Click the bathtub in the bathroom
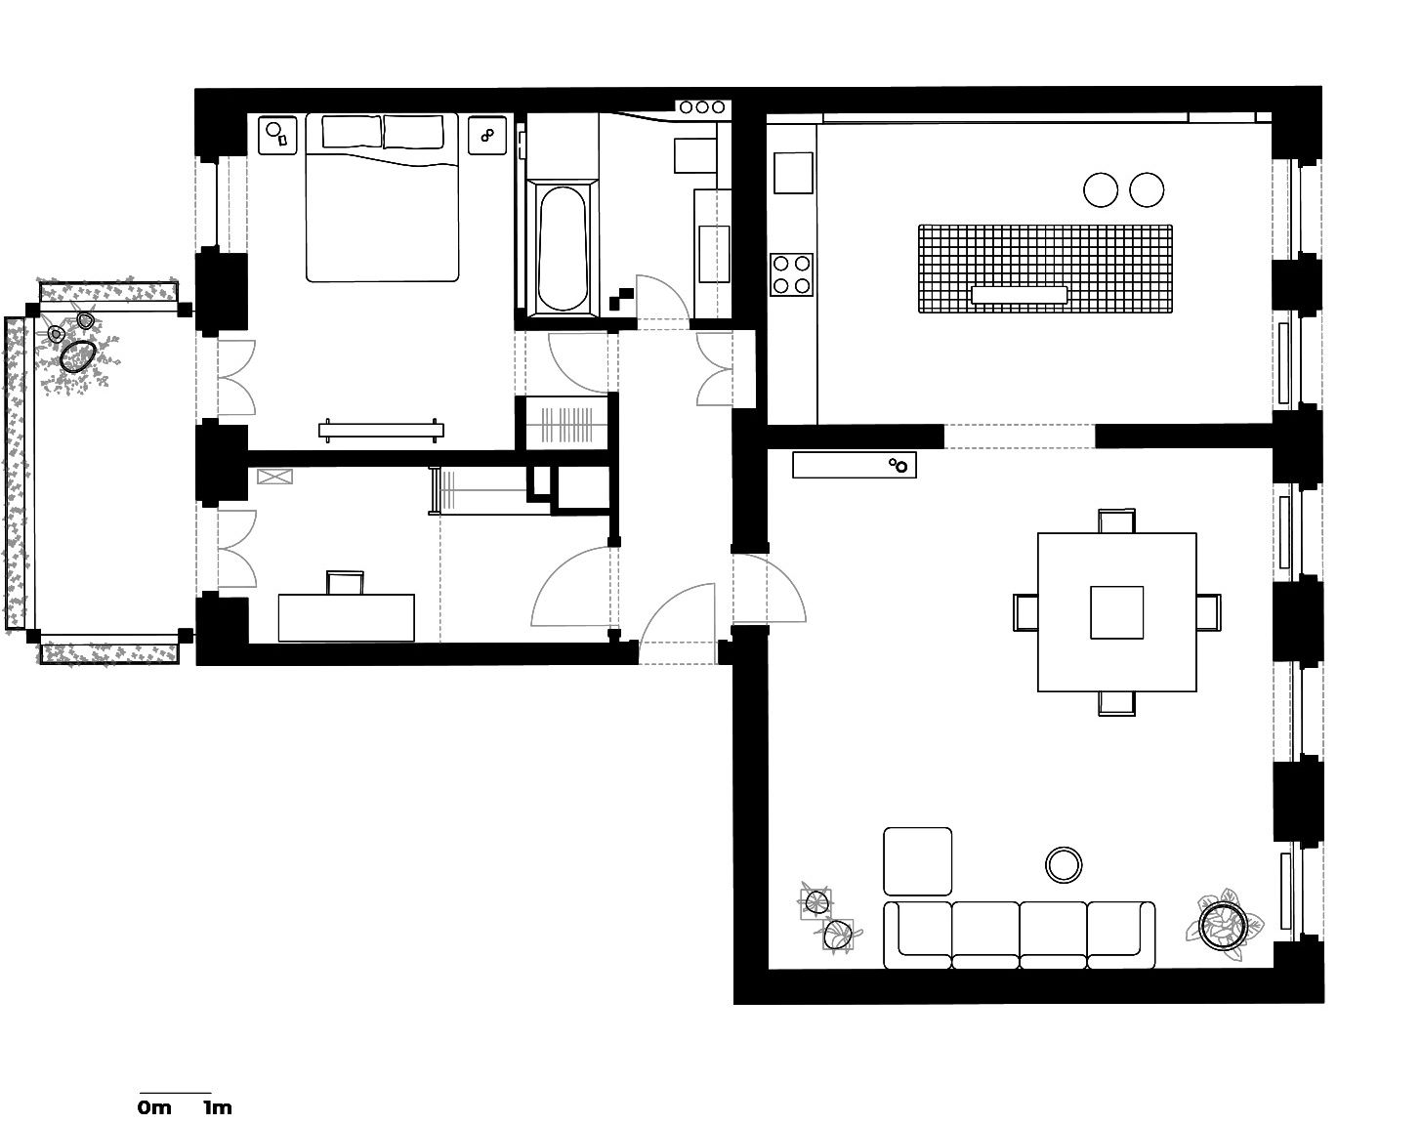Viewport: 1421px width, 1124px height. tap(562, 247)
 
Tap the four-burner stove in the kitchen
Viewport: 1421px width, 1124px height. tap(791, 274)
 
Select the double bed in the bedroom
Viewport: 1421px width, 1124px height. tap(382, 197)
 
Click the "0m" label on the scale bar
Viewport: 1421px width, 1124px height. tap(154, 1107)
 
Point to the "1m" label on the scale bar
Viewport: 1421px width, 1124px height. tap(218, 1107)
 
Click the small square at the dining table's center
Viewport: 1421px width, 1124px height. tap(1116, 612)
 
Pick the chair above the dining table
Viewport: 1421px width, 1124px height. tap(1116, 521)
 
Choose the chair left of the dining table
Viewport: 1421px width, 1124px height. tap(1025, 612)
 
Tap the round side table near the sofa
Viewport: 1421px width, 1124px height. tap(1064, 865)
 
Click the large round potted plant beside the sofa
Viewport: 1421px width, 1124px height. tap(1224, 925)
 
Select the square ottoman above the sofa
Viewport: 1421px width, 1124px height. tap(918, 861)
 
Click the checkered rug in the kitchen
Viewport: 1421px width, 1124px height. tap(1045, 269)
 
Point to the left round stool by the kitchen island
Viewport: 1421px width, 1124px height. tap(1101, 189)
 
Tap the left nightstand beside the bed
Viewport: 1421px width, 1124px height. tap(277, 136)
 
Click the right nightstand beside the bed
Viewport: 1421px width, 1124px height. tap(487, 136)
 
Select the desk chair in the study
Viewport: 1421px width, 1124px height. tap(346, 582)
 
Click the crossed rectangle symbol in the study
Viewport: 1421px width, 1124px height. tap(274, 477)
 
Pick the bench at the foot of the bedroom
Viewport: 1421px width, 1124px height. tap(381, 431)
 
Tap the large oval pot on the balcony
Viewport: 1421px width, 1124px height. tap(78, 356)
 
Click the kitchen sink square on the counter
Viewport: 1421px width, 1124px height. tap(793, 173)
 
